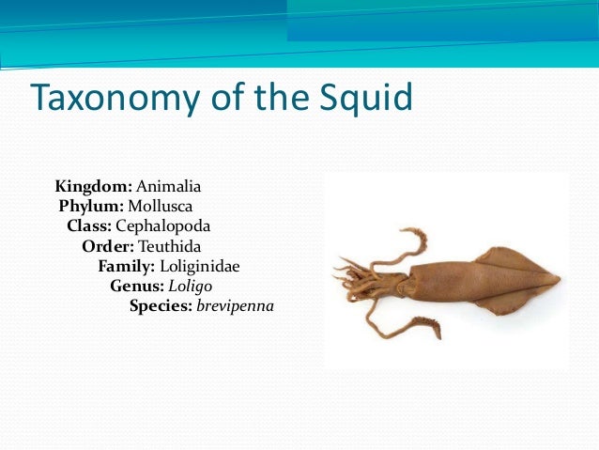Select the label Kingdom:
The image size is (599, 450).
click(94, 186)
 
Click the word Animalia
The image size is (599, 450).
click(169, 186)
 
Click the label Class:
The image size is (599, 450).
click(89, 226)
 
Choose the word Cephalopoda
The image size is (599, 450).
click(163, 226)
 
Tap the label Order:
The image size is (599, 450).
click(108, 246)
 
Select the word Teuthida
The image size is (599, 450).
click(170, 246)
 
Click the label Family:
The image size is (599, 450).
click(127, 266)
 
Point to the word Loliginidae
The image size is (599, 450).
click(200, 266)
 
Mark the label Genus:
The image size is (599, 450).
click(136, 286)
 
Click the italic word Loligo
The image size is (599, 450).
click(192, 286)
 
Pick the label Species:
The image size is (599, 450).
click(161, 306)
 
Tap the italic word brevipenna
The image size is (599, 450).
click(235, 306)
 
